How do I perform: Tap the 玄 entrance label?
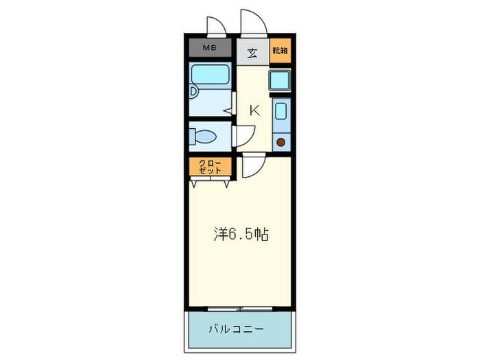pyautogui.click(x=252, y=52)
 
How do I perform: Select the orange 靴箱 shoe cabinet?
pyautogui.click(x=279, y=51)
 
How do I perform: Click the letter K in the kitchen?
pyautogui.click(x=254, y=110)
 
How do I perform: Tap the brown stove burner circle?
pyautogui.click(x=280, y=142)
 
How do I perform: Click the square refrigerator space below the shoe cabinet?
pyautogui.click(x=280, y=80)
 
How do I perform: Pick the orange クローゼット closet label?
pyautogui.click(x=211, y=167)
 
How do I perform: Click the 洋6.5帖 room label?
pyautogui.click(x=239, y=235)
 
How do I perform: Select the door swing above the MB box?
pyautogui.click(x=216, y=26)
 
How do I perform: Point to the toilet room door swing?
pyautogui.click(x=243, y=137)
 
